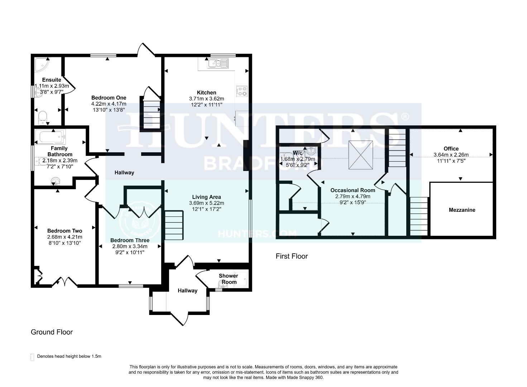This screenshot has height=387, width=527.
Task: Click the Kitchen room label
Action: coord(206,92)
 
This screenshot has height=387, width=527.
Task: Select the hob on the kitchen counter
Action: coord(241,91)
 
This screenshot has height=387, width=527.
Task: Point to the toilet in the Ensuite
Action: coord(43,116)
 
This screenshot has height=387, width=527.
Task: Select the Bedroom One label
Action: coord(109,97)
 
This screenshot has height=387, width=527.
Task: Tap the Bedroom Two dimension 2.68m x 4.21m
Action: coord(64,237)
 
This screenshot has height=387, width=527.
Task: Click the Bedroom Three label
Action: coord(130,240)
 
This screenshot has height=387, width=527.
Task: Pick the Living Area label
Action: coord(206,197)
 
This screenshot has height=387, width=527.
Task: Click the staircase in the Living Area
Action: coord(174,225)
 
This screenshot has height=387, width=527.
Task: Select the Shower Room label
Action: coord(229,279)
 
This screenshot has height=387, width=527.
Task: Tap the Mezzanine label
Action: coord(462,210)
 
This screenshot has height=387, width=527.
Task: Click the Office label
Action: coord(451,149)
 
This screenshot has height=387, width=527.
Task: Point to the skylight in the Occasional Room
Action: coord(360,155)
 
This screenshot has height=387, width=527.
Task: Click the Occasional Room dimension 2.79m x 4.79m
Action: coord(353,196)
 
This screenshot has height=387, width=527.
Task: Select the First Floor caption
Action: coord(292,256)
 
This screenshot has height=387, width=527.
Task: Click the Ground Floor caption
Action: coord(52,332)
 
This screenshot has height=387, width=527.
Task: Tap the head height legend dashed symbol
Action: coord(33,357)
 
